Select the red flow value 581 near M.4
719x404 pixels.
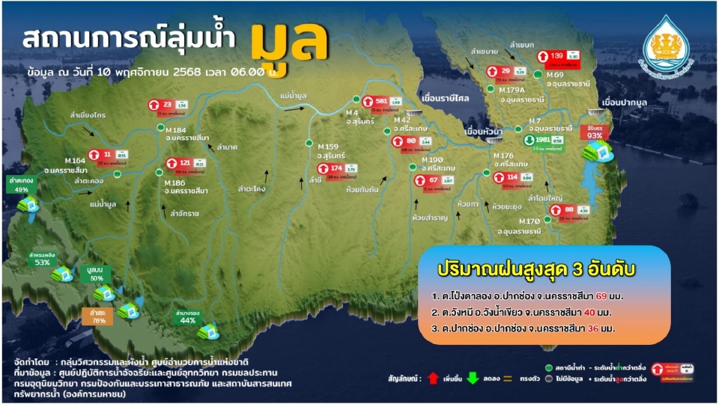point(381,100)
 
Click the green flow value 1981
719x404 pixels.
point(544,140)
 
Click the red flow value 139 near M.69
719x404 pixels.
point(556,56)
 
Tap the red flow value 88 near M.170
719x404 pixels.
point(569,209)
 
